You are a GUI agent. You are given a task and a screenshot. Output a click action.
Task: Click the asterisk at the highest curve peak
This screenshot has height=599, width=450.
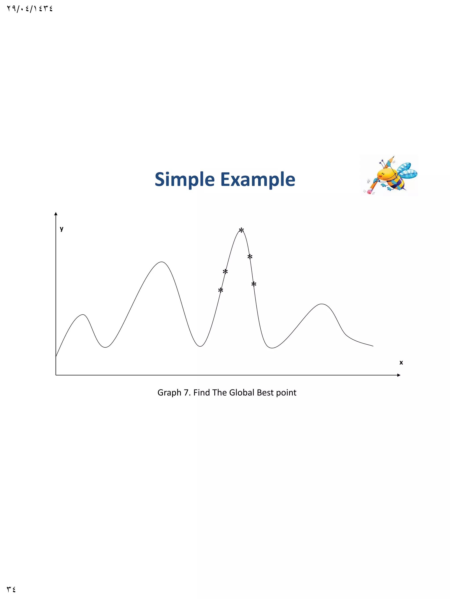click(x=241, y=231)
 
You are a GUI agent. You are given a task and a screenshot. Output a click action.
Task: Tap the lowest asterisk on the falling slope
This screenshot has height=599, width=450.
click(x=254, y=284)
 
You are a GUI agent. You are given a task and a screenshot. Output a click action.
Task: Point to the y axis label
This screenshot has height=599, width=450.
click(x=62, y=229)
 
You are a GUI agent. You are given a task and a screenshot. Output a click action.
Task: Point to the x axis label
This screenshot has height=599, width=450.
click(x=401, y=362)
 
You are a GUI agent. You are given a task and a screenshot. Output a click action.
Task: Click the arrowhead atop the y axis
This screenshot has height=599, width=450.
click(x=56, y=214)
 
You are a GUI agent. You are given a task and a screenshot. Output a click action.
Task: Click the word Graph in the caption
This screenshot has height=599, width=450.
click(x=169, y=392)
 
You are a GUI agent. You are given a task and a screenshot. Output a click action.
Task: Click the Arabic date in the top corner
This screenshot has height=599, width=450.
click(x=30, y=9)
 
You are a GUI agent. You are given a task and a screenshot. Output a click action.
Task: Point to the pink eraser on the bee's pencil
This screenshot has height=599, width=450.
click(x=369, y=192)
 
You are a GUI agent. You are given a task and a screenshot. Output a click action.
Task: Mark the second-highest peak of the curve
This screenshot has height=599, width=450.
click(x=162, y=262)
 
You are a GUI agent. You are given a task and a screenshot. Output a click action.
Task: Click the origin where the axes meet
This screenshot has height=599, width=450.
click(x=56, y=375)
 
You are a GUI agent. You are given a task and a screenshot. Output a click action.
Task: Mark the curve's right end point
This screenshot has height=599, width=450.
click(x=373, y=346)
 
